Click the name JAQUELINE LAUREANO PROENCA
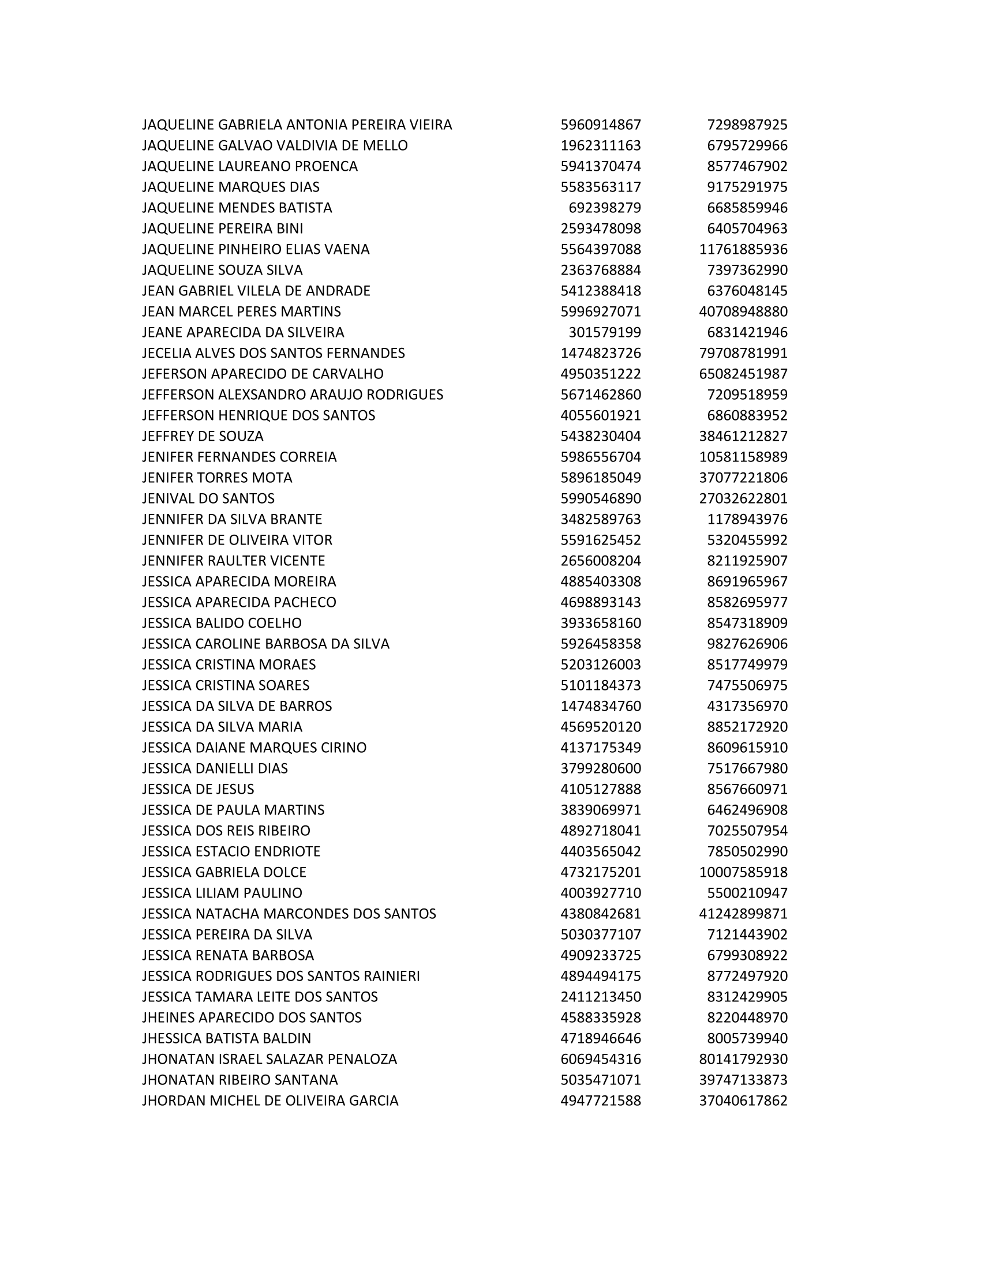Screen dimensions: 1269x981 250,166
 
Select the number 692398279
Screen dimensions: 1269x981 604,208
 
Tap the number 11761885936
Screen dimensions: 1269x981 743,249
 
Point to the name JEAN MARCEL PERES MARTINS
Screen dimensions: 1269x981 241,311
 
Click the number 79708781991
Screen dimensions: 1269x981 743,353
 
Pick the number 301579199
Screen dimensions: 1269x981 604,332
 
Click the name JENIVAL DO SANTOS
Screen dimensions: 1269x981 208,498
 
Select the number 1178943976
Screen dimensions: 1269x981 747,520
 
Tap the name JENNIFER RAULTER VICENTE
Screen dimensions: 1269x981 234,561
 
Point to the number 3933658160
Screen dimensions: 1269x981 600,623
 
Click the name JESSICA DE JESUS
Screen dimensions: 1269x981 198,789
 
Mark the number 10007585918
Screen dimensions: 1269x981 743,872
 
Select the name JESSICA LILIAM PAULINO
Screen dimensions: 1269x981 222,893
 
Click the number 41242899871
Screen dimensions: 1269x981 743,914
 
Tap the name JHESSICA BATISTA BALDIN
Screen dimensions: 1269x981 227,1038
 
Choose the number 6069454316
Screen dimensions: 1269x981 600,1059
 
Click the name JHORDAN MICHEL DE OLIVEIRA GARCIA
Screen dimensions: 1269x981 270,1101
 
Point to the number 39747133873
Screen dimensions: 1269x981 743,1080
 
